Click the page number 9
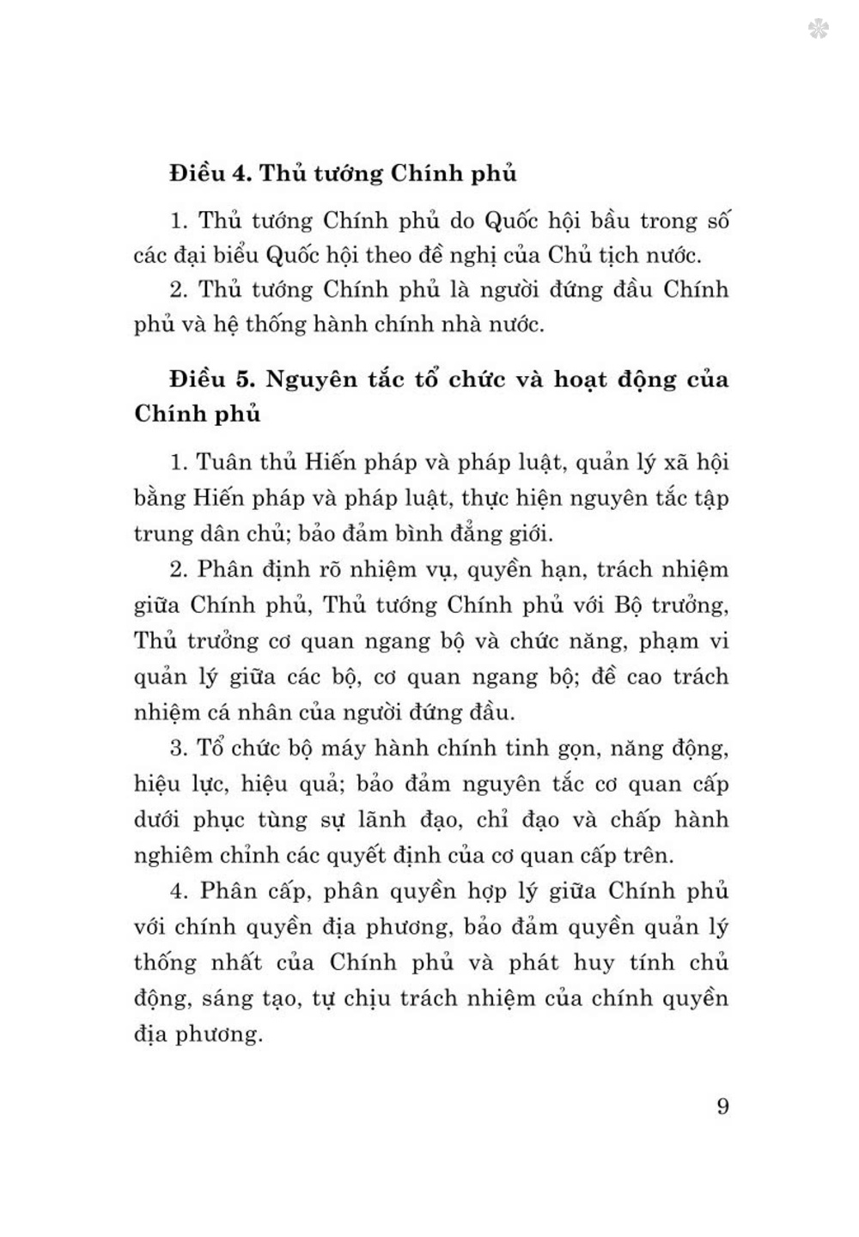tap(722, 1106)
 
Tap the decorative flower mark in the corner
tap(818, 30)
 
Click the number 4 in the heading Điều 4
tap(240, 174)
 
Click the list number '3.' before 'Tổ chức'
tap(178, 749)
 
